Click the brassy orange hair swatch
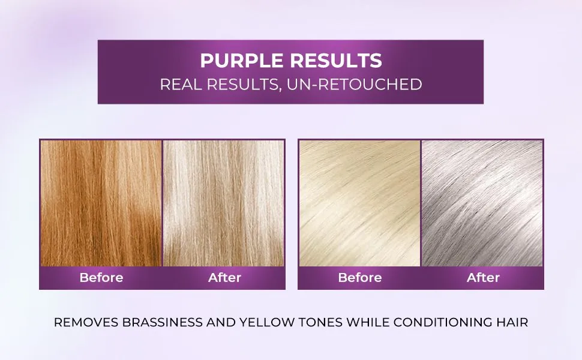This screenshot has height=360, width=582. [x=101, y=203]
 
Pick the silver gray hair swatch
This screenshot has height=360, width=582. [x=482, y=203]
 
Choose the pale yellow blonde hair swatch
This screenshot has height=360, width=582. [x=359, y=203]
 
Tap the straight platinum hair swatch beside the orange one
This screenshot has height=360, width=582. [x=224, y=203]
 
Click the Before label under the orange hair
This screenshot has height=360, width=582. [x=101, y=278]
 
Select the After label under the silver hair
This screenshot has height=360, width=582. [x=483, y=278]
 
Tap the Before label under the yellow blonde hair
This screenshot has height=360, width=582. [x=359, y=278]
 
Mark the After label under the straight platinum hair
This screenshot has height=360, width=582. [x=224, y=278]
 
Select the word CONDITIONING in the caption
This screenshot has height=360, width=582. [x=442, y=322]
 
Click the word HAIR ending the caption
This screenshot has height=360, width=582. [x=512, y=322]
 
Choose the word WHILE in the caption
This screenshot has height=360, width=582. [x=365, y=322]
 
